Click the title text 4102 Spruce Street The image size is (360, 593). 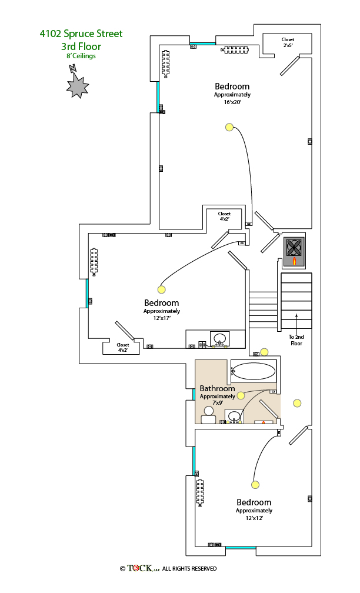(x=81, y=34)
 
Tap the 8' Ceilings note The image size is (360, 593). (x=81, y=56)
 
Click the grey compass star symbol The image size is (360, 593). (x=77, y=86)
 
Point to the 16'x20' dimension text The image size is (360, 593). (x=232, y=102)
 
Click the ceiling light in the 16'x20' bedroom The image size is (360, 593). (x=229, y=127)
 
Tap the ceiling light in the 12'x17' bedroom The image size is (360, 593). (x=162, y=289)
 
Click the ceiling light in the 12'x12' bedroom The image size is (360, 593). (x=255, y=485)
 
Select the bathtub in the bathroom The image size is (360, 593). (x=254, y=371)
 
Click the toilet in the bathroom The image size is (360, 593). (x=208, y=415)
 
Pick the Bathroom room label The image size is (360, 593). (x=217, y=388)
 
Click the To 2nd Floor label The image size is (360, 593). (x=296, y=340)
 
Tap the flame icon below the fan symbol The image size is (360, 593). (x=294, y=261)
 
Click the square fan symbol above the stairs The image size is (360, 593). (x=294, y=246)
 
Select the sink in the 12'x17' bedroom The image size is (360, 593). (x=220, y=339)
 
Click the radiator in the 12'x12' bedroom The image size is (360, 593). (x=201, y=492)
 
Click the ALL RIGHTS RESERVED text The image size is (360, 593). (x=189, y=569)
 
